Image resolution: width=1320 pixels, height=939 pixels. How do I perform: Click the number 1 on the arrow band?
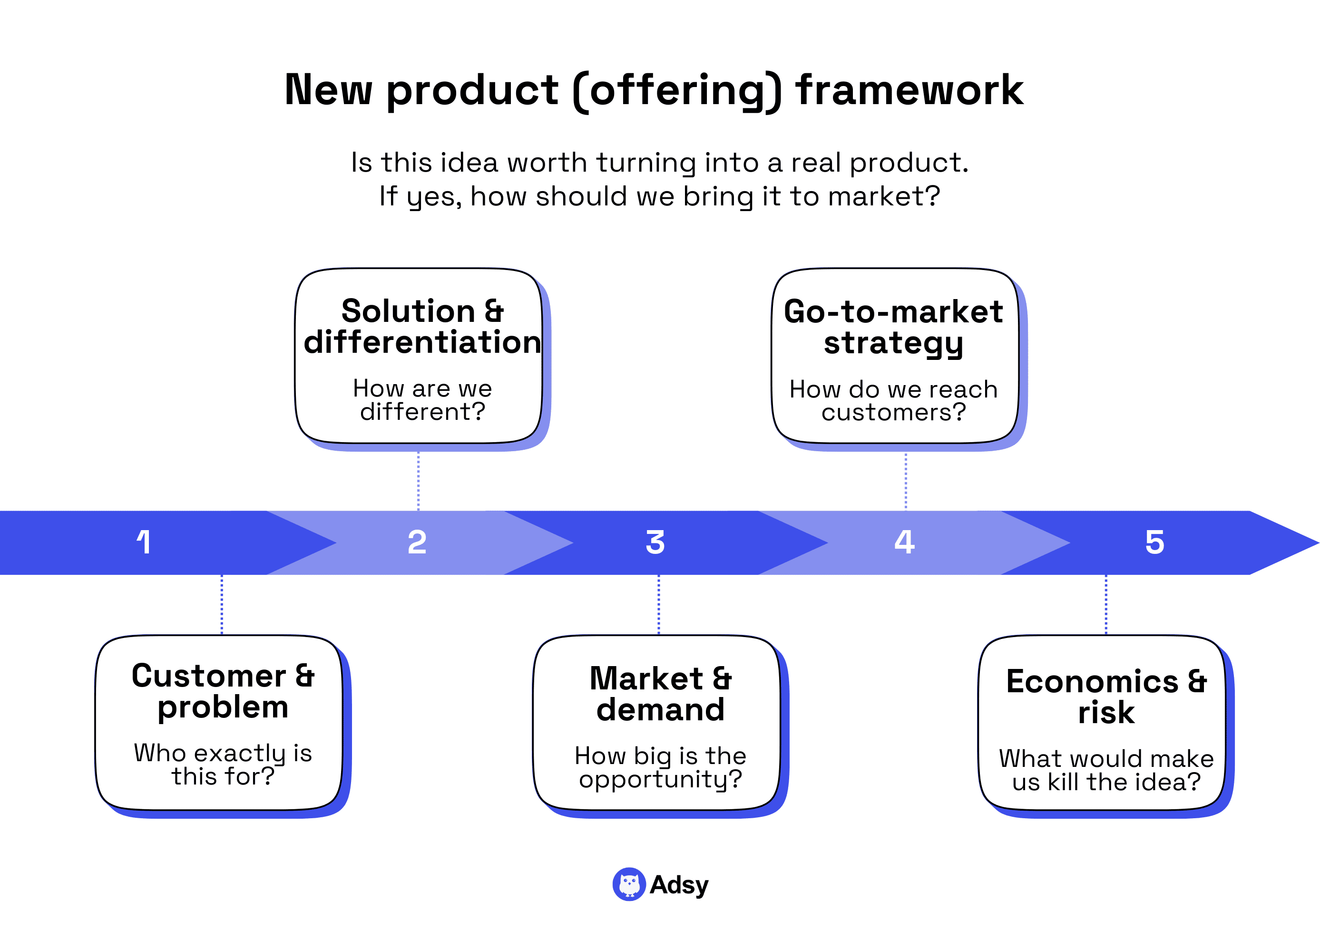click(x=144, y=542)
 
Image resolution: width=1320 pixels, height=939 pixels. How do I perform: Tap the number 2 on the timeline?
click(x=417, y=542)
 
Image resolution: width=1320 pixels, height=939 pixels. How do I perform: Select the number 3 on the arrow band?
click(x=655, y=542)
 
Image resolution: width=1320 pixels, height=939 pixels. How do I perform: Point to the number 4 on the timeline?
click(x=904, y=542)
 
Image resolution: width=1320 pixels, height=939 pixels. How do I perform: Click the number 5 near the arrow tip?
click(x=1154, y=542)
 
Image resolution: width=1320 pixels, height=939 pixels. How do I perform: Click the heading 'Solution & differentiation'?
click(x=422, y=327)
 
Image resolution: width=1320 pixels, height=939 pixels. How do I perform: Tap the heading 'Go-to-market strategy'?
click(x=893, y=327)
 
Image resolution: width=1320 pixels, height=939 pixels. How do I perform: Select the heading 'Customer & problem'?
click(x=223, y=691)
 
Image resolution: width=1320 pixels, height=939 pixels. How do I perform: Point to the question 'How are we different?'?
click(x=422, y=399)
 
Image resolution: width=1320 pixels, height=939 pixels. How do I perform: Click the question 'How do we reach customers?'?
click(x=893, y=401)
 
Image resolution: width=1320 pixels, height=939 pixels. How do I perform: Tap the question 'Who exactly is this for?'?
click(x=223, y=765)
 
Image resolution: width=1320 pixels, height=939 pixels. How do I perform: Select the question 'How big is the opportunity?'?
click(x=660, y=767)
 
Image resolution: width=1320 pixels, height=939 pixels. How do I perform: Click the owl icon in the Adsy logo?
click(x=629, y=884)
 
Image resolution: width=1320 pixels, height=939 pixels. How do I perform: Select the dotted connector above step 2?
click(x=418, y=481)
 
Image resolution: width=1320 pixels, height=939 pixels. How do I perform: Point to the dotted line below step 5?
click(x=1105, y=604)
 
